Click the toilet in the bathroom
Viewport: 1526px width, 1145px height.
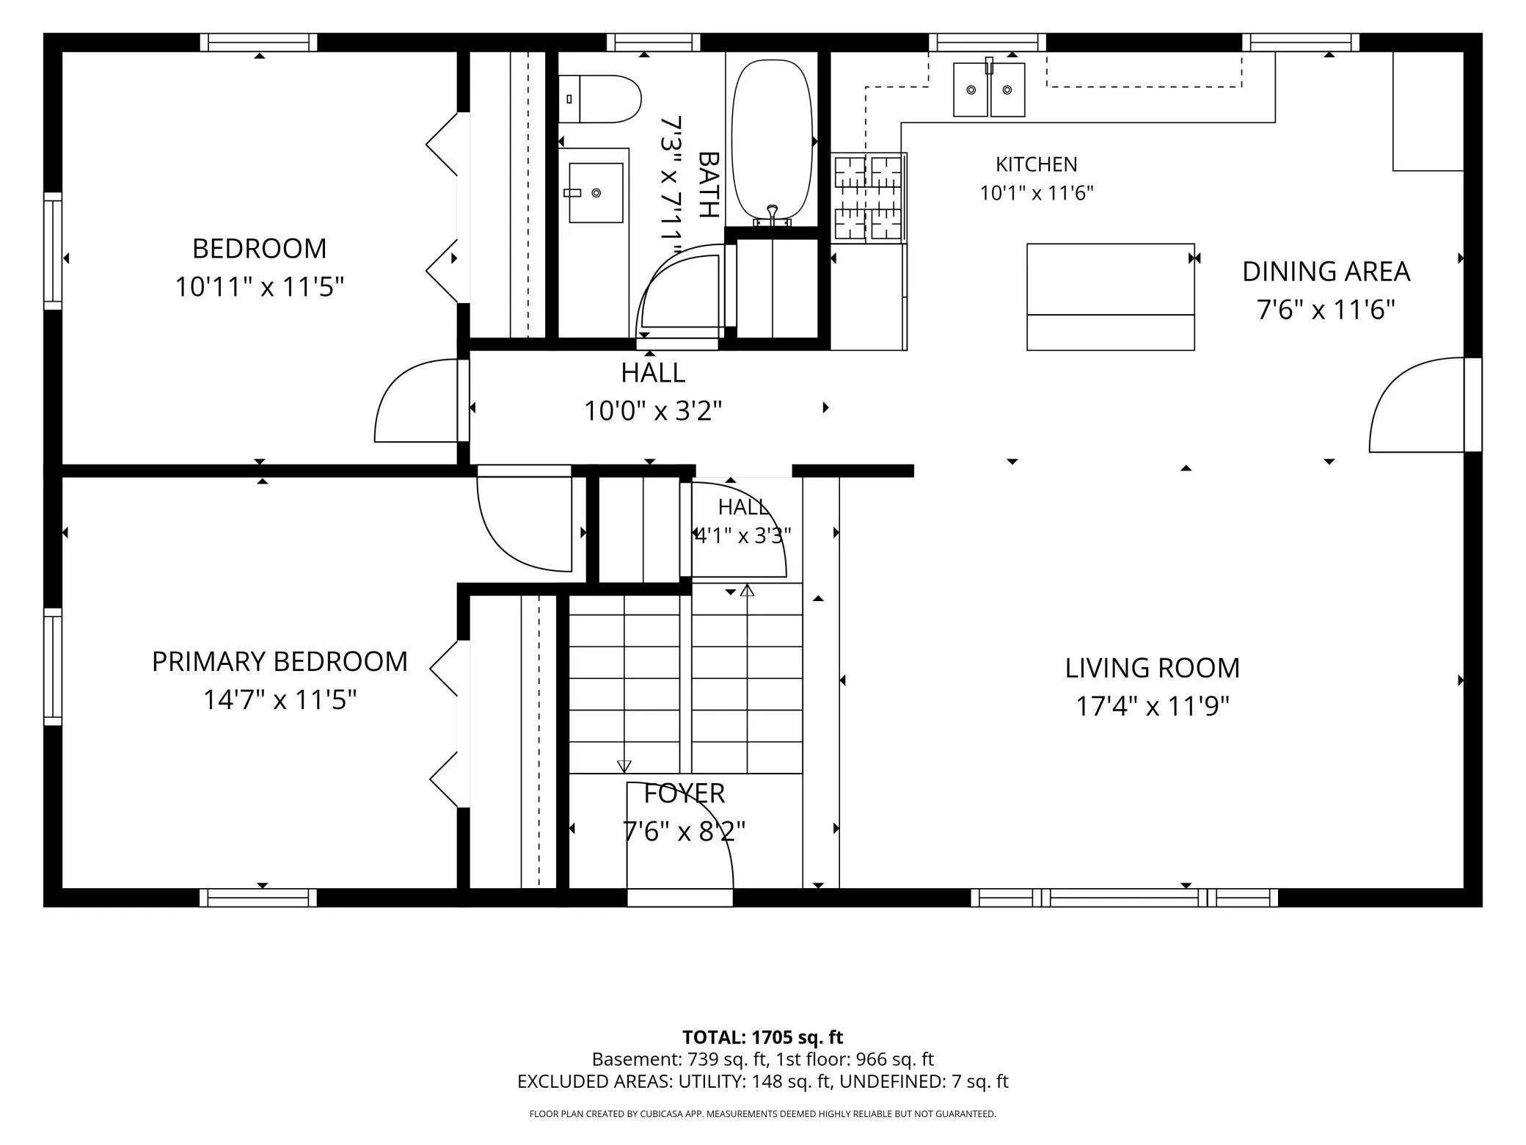pos(599,99)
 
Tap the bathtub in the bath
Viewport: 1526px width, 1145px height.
pos(773,142)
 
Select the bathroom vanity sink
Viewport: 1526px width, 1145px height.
pos(596,192)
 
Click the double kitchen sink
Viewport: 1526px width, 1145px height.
pos(989,90)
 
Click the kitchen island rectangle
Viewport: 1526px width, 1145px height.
pos(1111,297)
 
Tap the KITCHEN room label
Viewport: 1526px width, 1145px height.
pos(1036,164)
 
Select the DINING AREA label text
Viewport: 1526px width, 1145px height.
pos(1326,272)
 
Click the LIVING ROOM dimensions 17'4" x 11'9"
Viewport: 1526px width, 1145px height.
pos(1152,706)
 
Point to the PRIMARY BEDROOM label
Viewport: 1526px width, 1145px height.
pos(280,662)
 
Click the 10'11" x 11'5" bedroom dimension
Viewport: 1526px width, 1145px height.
pos(259,286)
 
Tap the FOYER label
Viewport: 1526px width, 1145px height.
pos(684,793)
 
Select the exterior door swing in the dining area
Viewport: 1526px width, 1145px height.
pos(1417,404)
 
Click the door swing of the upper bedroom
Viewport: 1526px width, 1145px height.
pos(417,401)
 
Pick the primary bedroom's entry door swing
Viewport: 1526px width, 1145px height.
pos(525,524)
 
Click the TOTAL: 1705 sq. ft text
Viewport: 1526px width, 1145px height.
pos(762,1037)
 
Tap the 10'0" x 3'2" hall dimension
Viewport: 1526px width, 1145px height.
pos(653,410)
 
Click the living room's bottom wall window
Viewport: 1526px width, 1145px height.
pos(1124,898)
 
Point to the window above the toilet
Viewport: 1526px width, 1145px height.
pos(654,43)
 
